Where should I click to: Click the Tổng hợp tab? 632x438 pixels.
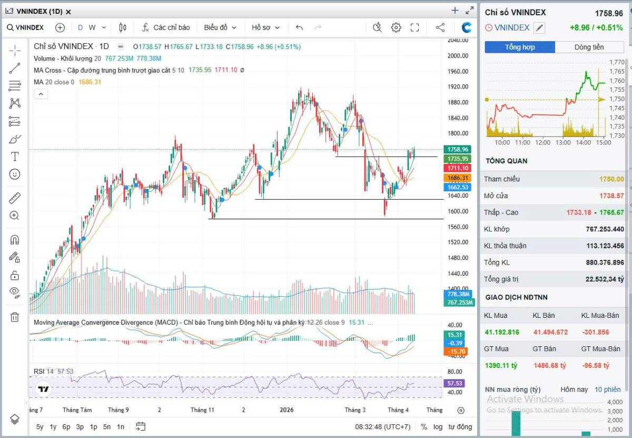(x=519, y=47)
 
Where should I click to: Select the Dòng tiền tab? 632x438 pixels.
(x=589, y=47)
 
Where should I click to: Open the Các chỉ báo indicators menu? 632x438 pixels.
(x=165, y=27)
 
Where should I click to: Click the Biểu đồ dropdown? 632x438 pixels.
(x=220, y=27)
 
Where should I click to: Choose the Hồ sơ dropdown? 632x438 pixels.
(x=265, y=27)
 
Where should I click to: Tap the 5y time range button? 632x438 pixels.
(x=40, y=427)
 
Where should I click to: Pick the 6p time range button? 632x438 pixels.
(x=66, y=427)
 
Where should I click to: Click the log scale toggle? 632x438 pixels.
(x=438, y=427)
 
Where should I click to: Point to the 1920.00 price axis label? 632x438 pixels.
(x=458, y=87)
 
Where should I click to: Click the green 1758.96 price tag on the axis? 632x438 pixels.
(x=457, y=150)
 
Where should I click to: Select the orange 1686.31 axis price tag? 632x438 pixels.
(x=457, y=178)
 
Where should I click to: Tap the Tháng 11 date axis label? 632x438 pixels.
(x=202, y=410)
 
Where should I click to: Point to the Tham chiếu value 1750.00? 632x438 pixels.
(x=611, y=179)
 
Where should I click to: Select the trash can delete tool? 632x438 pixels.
(x=15, y=317)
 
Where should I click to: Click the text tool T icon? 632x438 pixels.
(x=15, y=157)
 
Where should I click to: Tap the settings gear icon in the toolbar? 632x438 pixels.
(x=396, y=27)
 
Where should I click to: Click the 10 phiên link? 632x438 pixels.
(x=608, y=390)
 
